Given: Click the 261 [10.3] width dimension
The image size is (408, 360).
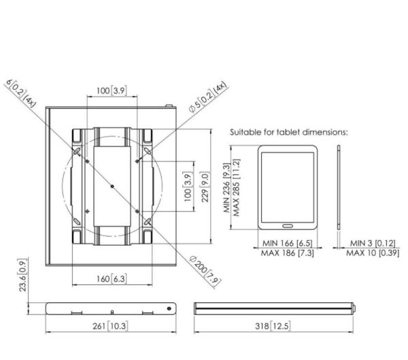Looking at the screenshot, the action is pos(110,326).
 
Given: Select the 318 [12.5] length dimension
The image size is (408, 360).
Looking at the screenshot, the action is pos(273,326).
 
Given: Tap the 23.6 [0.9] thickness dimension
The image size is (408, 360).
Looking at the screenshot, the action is pos(22,275).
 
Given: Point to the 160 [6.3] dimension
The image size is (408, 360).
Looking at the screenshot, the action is pos(112,279).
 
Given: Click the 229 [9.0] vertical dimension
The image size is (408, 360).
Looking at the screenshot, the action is pos(205,186).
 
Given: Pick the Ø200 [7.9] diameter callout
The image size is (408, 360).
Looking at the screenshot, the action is pos(205,272).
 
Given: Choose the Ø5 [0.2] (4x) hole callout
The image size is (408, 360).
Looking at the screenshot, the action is pos(207,97).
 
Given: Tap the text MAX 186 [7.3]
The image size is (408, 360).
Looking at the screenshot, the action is pos(287,253).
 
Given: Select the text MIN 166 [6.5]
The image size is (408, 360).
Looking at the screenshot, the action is pos(287,244).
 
